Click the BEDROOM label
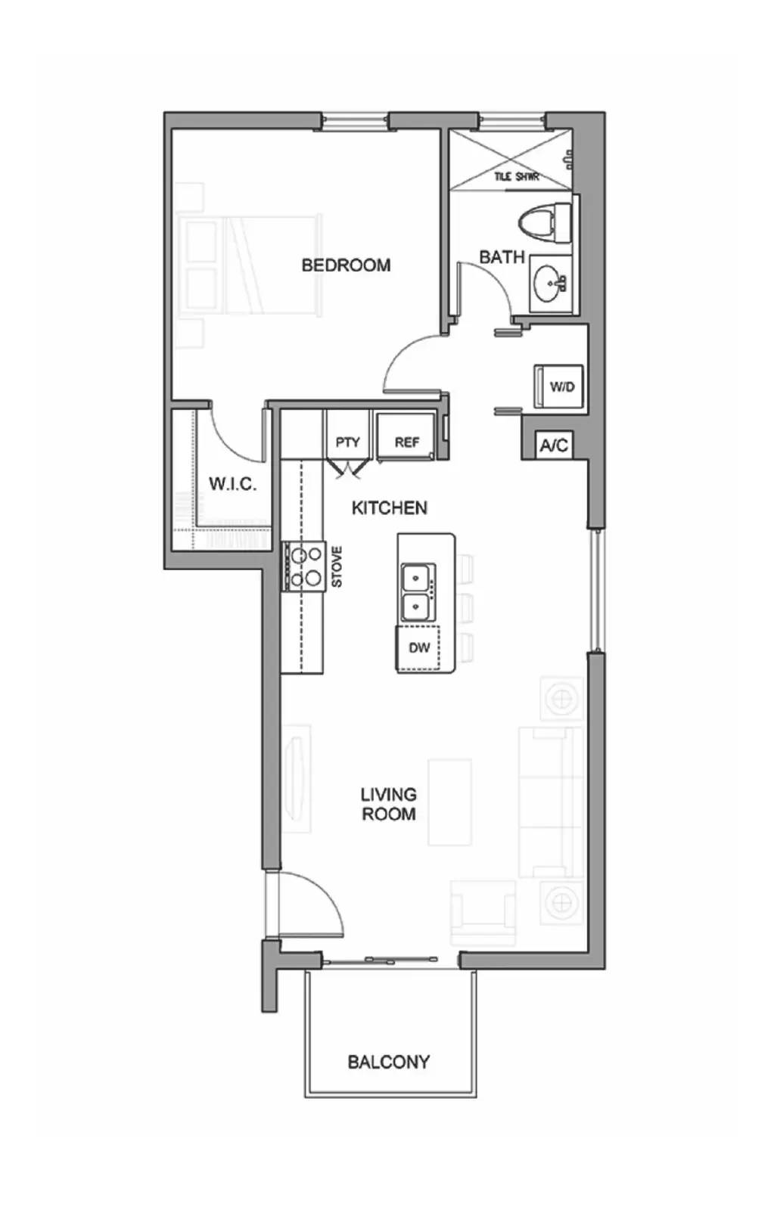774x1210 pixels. (x=346, y=265)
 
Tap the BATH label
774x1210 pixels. (x=502, y=257)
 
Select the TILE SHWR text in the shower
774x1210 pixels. (x=516, y=177)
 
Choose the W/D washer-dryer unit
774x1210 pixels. (x=560, y=386)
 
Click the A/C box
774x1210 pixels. (x=555, y=445)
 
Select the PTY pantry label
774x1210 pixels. (x=347, y=442)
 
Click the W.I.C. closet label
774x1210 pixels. (x=232, y=483)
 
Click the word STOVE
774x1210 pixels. (x=337, y=566)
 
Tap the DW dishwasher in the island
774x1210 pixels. (x=418, y=648)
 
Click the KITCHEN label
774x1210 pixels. (x=390, y=507)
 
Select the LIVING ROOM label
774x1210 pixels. (x=389, y=805)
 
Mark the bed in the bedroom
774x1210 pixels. (x=253, y=265)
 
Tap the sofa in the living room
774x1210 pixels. (x=550, y=802)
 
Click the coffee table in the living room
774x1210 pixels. (x=449, y=802)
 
